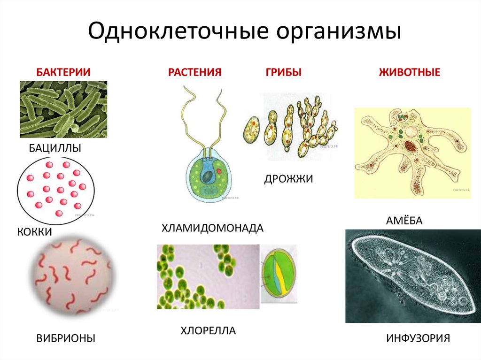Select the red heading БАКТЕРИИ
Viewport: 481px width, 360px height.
(x=63, y=72)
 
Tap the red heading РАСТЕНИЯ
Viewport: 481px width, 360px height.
(x=195, y=72)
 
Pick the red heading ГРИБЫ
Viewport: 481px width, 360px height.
(x=283, y=72)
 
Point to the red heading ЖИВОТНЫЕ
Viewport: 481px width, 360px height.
(x=410, y=72)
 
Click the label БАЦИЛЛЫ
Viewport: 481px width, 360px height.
(x=55, y=148)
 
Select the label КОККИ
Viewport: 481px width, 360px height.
(x=35, y=232)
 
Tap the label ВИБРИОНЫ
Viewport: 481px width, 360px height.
(x=66, y=338)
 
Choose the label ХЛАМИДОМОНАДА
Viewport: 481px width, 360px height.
(x=213, y=228)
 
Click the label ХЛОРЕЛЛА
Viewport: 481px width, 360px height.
(x=208, y=330)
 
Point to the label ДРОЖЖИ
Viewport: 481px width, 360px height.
(x=289, y=179)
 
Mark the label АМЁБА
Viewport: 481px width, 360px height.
(x=404, y=220)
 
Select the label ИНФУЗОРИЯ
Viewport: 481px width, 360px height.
(x=418, y=338)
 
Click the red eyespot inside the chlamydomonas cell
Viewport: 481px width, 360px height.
(x=219, y=171)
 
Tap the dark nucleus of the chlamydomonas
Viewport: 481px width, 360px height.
(x=207, y=176)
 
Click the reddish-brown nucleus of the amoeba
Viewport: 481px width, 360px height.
(x=411, y=146)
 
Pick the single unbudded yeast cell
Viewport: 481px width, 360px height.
(x=252, y=130)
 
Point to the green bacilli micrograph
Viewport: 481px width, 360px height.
(x=63, y=109)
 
